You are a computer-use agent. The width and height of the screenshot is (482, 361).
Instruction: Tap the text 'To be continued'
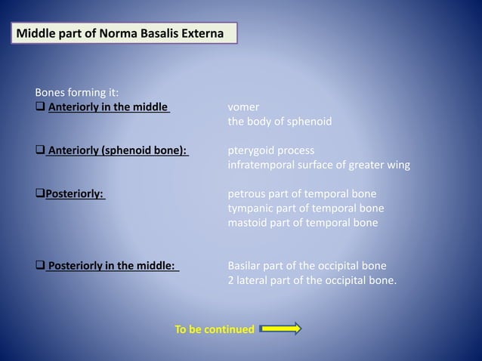pos(215,330)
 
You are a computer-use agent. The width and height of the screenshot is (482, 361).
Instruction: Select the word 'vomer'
pos(243,107)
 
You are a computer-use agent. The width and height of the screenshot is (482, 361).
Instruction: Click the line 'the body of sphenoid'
pos(280,121)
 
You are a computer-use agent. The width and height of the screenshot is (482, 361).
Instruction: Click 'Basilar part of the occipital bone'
pos(307,266)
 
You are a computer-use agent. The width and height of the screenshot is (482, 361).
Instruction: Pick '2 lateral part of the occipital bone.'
pos(312,280)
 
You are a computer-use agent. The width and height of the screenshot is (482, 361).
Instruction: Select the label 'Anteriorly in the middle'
pos(108,107)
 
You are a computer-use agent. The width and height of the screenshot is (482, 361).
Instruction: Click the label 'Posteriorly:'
pos(75,193)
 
